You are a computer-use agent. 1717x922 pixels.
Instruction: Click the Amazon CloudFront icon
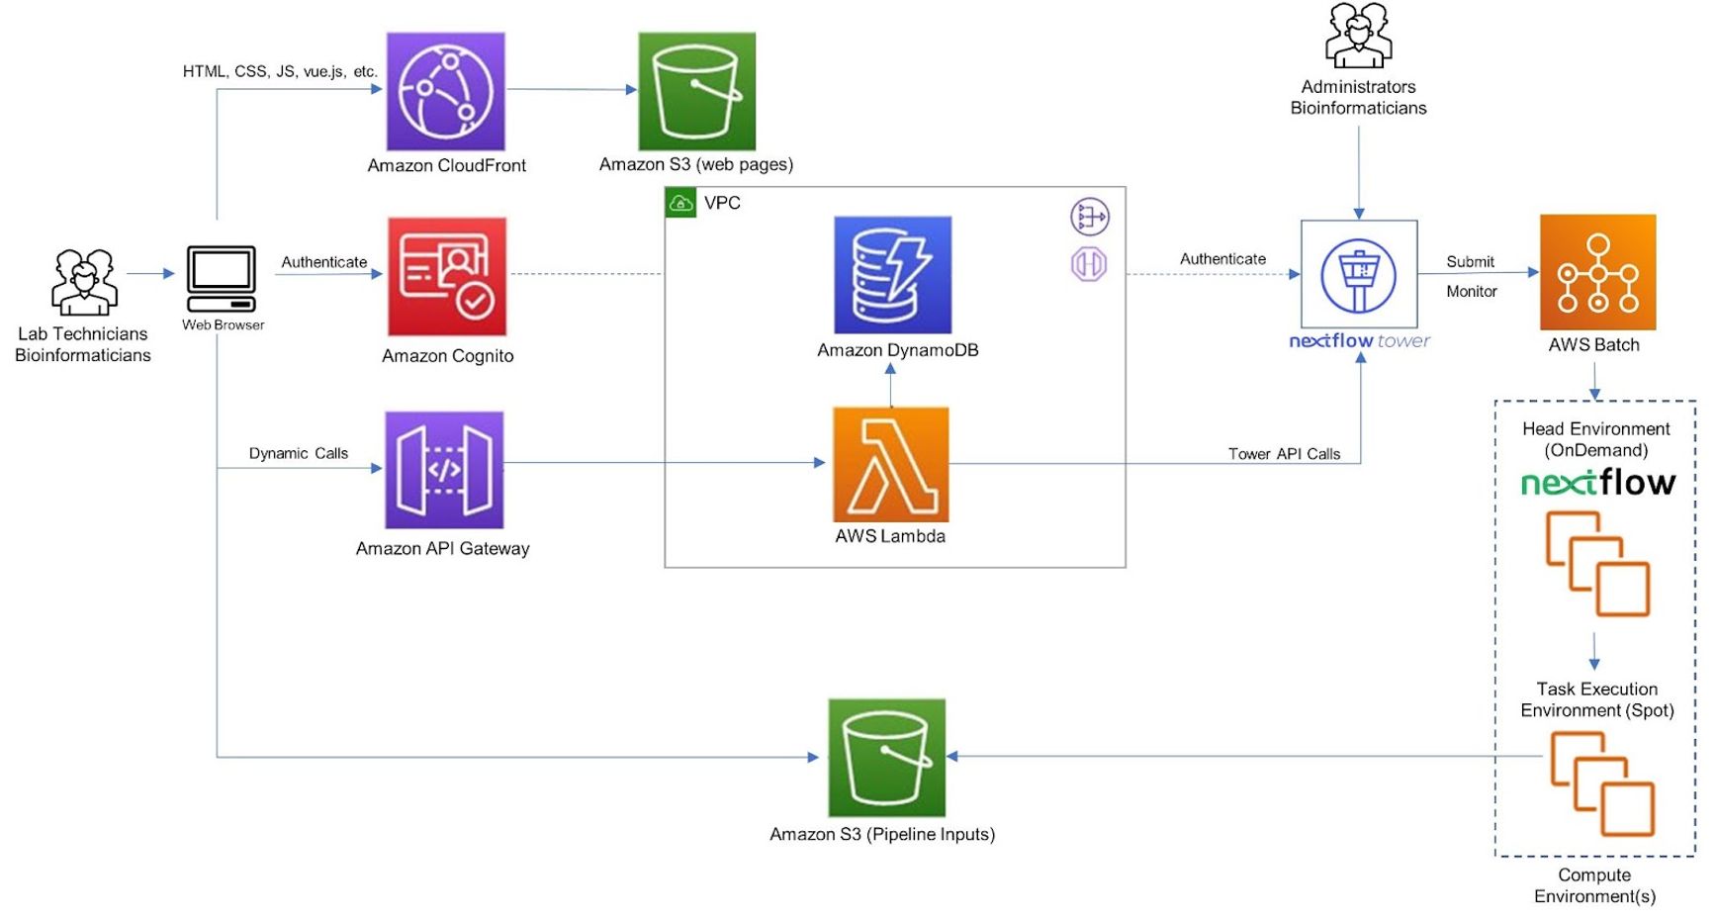pos(445,91)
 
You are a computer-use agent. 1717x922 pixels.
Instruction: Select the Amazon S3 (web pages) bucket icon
pos(696,91)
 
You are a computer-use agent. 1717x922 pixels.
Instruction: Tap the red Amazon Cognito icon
pos(447,276)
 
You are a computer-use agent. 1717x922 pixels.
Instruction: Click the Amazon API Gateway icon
pos(444,470)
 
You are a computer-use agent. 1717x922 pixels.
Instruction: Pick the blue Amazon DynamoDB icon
pos(892,274)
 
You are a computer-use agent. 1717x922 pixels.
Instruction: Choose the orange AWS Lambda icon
pos(890,464)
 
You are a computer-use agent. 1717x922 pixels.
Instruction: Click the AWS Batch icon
pos(1597,272)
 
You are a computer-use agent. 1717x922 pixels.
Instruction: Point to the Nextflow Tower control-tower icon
pos(1359,274)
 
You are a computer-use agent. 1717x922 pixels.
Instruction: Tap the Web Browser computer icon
pos(222,278)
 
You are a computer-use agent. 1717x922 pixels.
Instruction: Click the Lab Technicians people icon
pos(84,282)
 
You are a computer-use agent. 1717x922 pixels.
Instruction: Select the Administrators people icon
pos(1358,36)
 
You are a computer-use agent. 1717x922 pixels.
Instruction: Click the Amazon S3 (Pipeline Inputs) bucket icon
pos(886,758)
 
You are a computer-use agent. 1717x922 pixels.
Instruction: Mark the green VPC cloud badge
pos(680,203)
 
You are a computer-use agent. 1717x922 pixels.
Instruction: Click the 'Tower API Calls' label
pos(1284,454)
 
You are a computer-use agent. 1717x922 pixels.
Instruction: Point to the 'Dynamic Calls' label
pos(298,453)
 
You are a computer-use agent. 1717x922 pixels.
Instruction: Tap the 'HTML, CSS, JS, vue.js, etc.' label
pos(280,71)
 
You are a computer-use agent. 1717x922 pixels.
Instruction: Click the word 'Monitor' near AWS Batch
pos(1471,291)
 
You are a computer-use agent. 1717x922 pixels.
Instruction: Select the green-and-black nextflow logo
pos(1597,483)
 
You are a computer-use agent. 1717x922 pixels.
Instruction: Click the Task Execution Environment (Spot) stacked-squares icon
pos(1601,784)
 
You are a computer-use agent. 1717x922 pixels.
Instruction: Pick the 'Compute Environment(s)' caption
pos(1594,885)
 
